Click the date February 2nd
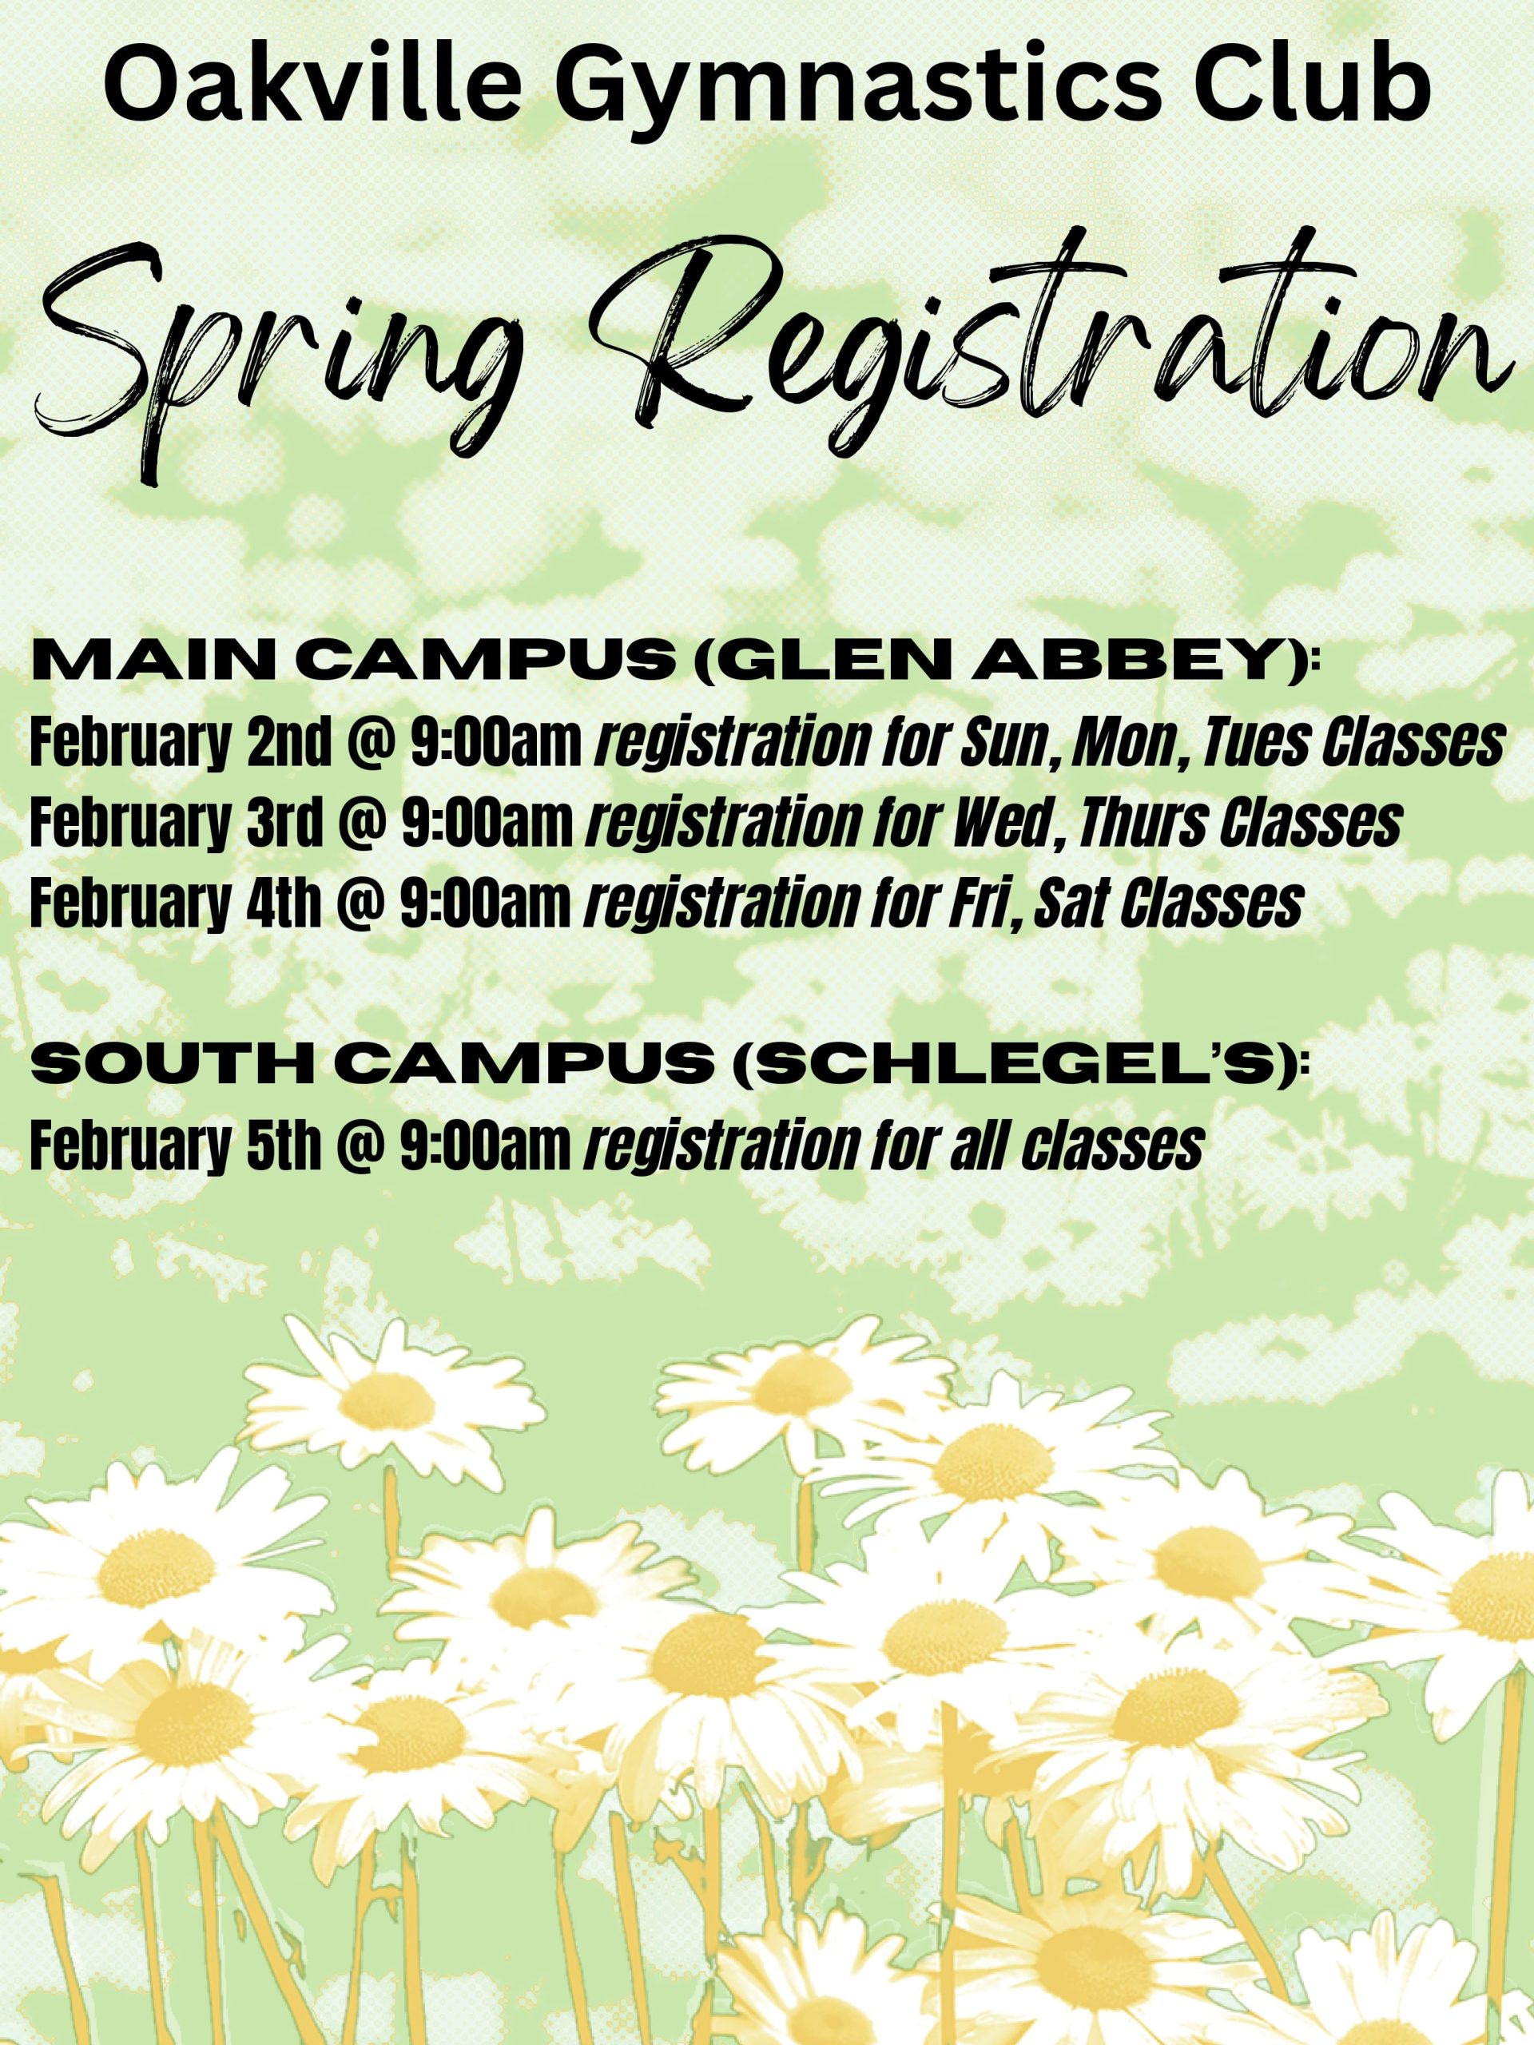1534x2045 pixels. (x=180, y=743)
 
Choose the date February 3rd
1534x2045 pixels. (x=177, y=824)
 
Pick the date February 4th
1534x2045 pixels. (x=176, y=903)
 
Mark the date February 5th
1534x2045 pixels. (x=176, y=1146)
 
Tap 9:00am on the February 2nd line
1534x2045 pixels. (x=496, y=742)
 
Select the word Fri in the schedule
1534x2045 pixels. (x=985, y=903)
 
